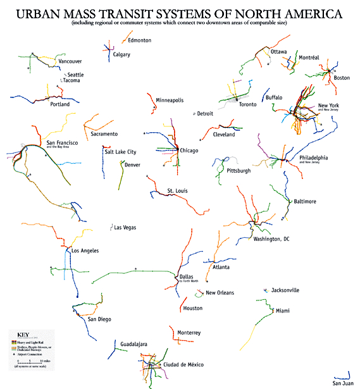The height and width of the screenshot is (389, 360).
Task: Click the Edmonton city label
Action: click(139, 40)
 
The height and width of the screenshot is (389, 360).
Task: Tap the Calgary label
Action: click(121, 55)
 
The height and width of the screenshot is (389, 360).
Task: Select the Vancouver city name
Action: click(70, 61)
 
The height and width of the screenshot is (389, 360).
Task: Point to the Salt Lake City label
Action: click(120, 152)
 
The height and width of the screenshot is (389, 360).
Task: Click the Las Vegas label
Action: click(125, 227)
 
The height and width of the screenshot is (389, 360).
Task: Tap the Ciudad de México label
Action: click(182, 365)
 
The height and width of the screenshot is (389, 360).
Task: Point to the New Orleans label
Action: click(220, 293)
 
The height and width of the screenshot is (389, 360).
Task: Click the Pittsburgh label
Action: click(239, 171)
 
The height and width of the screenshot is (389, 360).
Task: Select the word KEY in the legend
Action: click(23, 335)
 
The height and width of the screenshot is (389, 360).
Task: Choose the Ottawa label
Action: click(279, 51)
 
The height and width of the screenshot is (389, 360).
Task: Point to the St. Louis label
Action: click(178, 190)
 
